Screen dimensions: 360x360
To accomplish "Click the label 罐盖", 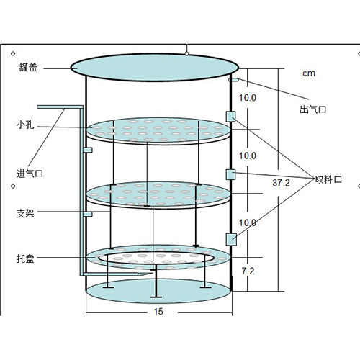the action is click(28, 67).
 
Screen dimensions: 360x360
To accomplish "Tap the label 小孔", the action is click(25, 125).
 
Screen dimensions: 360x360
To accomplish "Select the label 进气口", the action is click(30, 174).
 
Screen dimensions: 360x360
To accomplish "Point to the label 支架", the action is click(25, 213).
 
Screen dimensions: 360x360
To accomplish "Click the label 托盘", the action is click(25, 258).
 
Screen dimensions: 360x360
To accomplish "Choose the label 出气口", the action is click(312, 109).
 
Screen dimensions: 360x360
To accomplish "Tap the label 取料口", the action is click(328, 179).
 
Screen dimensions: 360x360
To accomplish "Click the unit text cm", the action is click(309, 73).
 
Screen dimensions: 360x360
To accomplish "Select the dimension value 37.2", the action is click(281, 183).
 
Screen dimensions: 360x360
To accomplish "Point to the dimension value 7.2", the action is click(248, 271).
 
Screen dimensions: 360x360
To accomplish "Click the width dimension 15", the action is click(158, 312).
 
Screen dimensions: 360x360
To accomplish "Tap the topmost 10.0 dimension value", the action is click(248, 98).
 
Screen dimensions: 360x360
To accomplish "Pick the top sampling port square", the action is click(230, 117).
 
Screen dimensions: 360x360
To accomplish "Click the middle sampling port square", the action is click(230, 174).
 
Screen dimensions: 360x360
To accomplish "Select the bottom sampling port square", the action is click(231, 239).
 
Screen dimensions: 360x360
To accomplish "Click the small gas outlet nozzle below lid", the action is click(233, 79).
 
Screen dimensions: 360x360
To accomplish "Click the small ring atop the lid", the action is click(186, 53).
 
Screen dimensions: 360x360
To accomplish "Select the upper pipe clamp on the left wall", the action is click(88, 150).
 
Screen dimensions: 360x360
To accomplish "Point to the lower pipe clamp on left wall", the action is click(88, 214).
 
